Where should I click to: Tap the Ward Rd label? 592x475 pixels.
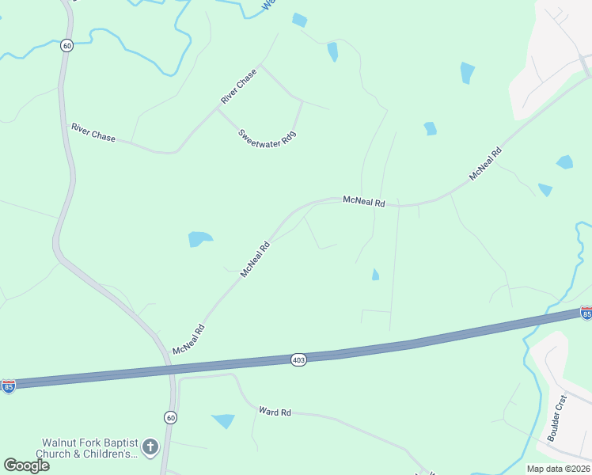pyautogui.click(x=275, y=412)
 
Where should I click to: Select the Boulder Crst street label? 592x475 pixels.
pyautogui.click(x=558, y=418)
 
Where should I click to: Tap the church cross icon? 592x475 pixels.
pyautogui.click(x=150, y=447)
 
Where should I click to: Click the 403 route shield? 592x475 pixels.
pyautogui.click(x=298, y=359)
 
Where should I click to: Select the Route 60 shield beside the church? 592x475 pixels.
pyautogui.click(x=170, y=417)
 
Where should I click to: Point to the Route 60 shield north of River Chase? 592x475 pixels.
pyautogui.click(x=67, y=46)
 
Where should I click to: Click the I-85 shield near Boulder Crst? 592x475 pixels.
pyautogui.click(x=586, y=313)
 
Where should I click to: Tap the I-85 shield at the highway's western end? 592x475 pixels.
pyautogui.click(x=8, y=386)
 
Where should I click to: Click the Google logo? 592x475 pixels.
pyautogui.click(x=27, y=465)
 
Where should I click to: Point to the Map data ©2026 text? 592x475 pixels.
pyautogui.click(x=558, y=469)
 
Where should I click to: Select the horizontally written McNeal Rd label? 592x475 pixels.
pyautogui.click(x=363, y=202)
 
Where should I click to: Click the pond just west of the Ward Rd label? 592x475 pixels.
pyautogui.click(x=224, y=420)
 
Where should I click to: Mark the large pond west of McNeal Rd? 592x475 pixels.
pyautogui.click(x=200, y=238)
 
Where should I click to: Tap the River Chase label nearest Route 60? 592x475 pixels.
pyautogui.click(x=93, y=132)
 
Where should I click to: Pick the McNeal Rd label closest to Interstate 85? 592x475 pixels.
pyautogui.click(x=189, y=339)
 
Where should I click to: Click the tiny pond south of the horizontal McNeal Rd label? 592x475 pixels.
pyautogui.click(x=375, y=275)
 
